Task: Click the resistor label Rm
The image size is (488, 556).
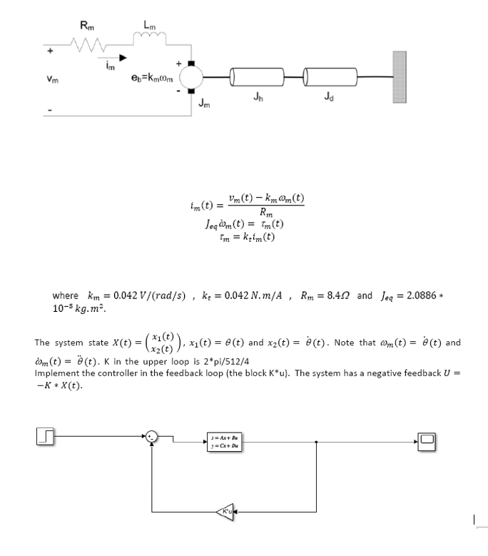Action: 85,26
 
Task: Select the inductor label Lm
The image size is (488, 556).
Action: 148,26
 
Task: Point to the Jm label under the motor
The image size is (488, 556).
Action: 205,106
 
